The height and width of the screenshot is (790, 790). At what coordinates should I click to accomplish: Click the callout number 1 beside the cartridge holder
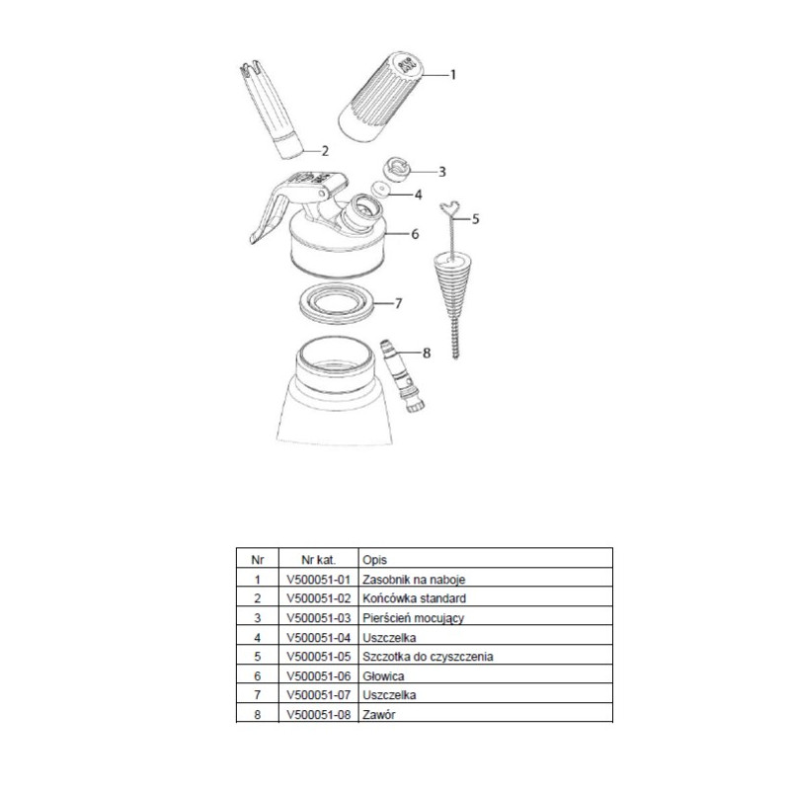[x=453, y=75]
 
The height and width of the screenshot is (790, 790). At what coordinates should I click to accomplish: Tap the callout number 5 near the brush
[x=475, y=218]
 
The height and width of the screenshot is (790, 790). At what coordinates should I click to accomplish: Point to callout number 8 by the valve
[x=427, y=353]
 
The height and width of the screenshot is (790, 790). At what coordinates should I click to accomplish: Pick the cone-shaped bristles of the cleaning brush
[x=452, y=288]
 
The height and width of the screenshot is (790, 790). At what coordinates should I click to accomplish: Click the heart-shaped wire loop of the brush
[x=451, y=211]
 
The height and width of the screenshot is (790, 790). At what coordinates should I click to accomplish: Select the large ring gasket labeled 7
[x=336, y=303]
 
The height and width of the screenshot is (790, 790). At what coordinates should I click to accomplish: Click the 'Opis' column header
[x=375, y=560]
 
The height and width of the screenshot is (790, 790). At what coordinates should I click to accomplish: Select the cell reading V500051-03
[x=318, y=618]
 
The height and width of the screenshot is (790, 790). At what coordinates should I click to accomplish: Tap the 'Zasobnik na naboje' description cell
[x=414, y=580]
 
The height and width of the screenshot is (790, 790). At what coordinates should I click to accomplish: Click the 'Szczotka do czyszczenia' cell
[x=428, y=657]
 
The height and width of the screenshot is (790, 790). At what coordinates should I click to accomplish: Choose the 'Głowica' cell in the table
[x=383, y=676]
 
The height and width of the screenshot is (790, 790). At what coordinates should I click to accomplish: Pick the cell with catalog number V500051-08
[x=318, y=714]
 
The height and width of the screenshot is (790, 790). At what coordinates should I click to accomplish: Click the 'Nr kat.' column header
[x=318, y=560]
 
